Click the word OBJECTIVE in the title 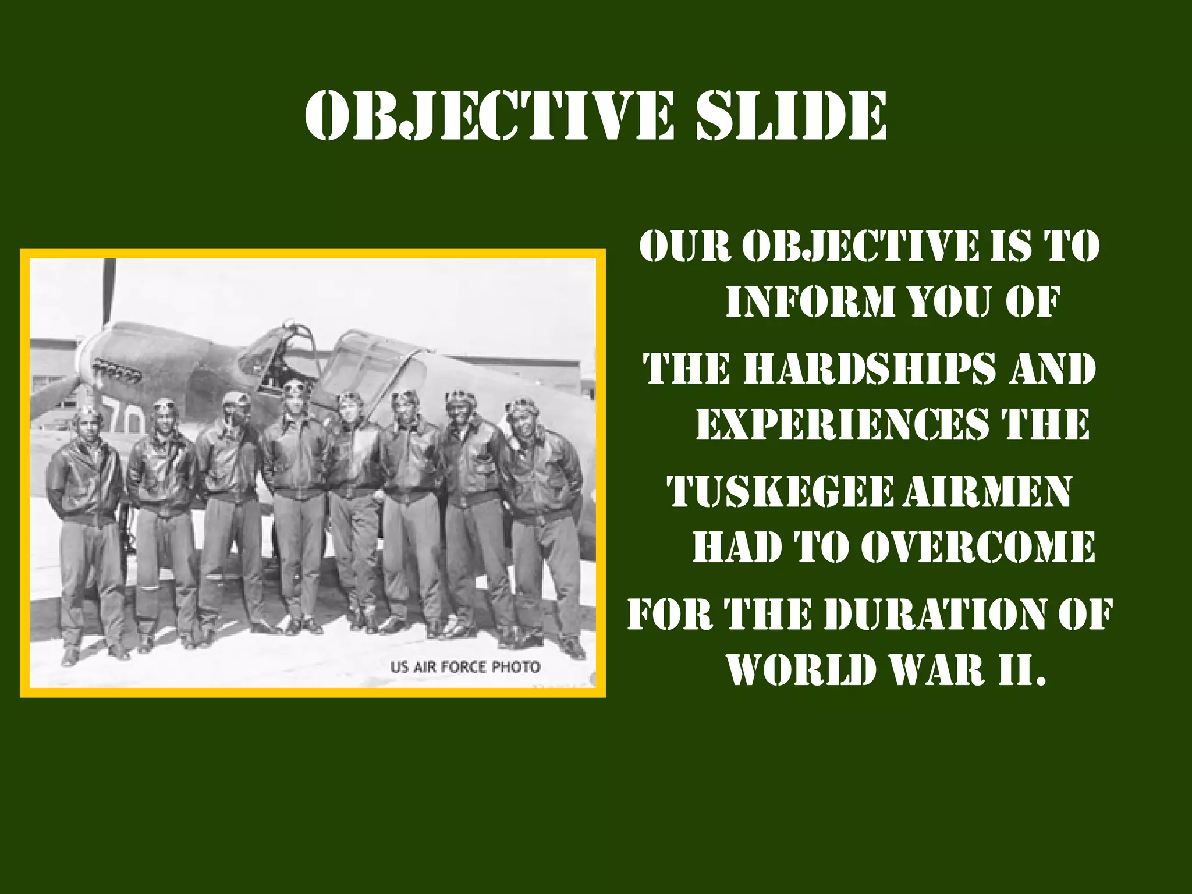[489, 116]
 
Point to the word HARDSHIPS [870, 369]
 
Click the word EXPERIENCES [842, 424]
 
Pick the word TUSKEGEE [780, 491]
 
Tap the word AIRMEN [987, 491]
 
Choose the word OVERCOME [978, 547]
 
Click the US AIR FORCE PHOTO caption [465, 666]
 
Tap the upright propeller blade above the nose [109, 291]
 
